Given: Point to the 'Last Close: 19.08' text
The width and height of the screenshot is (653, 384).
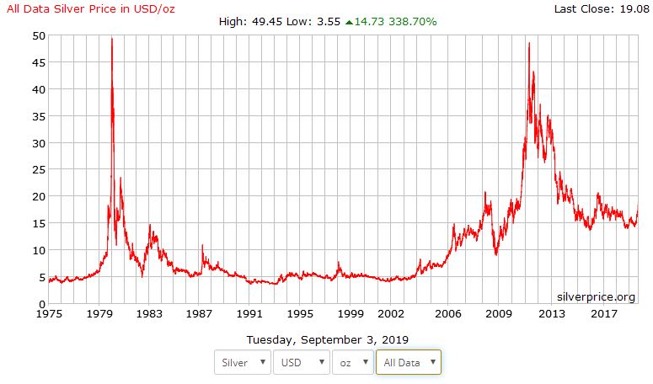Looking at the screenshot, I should tap(601, 8).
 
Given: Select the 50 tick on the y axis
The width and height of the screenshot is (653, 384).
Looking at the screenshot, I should tap(39, 36).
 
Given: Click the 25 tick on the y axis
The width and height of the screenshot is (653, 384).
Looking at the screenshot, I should tap(39, 170).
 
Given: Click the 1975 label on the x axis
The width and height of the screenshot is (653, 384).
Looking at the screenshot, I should tap(48, 314).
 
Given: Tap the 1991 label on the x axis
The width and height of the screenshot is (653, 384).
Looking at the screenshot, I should tap(250, 314).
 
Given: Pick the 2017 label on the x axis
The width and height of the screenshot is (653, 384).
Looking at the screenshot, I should tap(603, 314).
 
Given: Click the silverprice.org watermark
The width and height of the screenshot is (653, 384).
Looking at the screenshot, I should tap(596, 296).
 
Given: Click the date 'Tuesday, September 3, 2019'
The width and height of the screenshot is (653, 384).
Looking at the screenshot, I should tap(327, 340).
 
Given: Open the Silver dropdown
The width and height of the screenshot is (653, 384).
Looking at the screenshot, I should tap(243, 362).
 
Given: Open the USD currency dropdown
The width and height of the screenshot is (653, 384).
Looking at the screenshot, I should tap(300, 362).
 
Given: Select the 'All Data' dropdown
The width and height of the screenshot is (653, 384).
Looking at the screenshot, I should tap(409, 362).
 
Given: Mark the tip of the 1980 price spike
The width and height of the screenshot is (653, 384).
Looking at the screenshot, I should tap(112, 39).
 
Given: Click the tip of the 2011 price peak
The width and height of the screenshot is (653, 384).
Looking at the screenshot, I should tap(528, 43).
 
